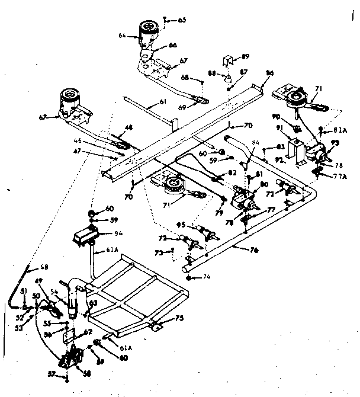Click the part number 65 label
click(182, 20)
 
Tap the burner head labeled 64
click(150, 31)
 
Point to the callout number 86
click(269, 72)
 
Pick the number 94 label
click(119, 233)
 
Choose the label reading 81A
click(340, 130)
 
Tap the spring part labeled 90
click(298, 129)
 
